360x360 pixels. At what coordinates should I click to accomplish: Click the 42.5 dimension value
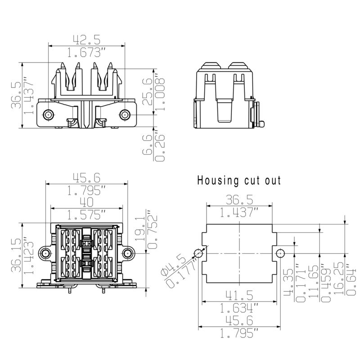click(86, 40)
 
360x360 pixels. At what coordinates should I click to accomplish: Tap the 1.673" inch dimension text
click(86, 53)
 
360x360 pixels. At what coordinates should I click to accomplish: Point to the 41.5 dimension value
click(239, 296)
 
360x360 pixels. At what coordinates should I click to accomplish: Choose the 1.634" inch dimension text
click(239, 308)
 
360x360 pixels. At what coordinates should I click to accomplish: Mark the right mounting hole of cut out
click(280, 252)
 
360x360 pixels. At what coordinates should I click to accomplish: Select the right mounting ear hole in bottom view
click(128, 253)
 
